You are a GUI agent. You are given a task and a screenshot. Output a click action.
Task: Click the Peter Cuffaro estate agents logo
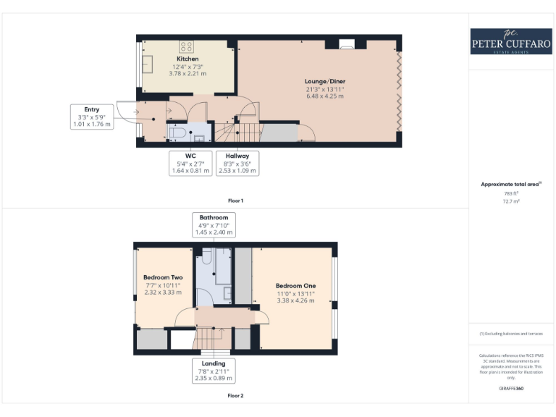click(512, 41)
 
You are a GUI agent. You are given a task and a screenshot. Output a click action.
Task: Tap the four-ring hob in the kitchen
click(186, 46)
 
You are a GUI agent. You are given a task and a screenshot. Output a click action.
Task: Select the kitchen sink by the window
click(148, 64)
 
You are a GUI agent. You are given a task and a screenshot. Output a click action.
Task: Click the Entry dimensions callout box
click(93, 117)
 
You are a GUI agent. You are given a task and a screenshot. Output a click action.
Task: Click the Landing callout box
click(214, 370)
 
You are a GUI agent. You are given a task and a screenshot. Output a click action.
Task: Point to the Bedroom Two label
click(163, 277)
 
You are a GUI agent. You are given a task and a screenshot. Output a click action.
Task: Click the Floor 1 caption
click(235, 199)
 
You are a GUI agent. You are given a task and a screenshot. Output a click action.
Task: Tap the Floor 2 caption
click(235, 395)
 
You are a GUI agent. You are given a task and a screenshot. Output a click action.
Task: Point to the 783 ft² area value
click(511, 193)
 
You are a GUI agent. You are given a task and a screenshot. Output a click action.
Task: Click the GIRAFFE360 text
click(511, 389)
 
